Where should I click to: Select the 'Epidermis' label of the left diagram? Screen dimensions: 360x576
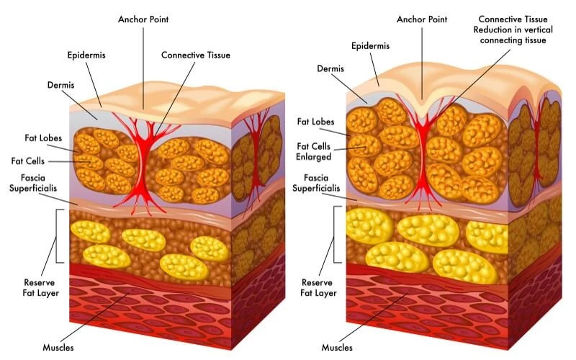coord(87,55)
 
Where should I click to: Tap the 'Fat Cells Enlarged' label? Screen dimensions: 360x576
coord(314,152)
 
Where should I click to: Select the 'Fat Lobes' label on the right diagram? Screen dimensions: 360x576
coord(315,122)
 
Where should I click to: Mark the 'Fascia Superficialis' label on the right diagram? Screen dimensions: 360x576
coord(314,184)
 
